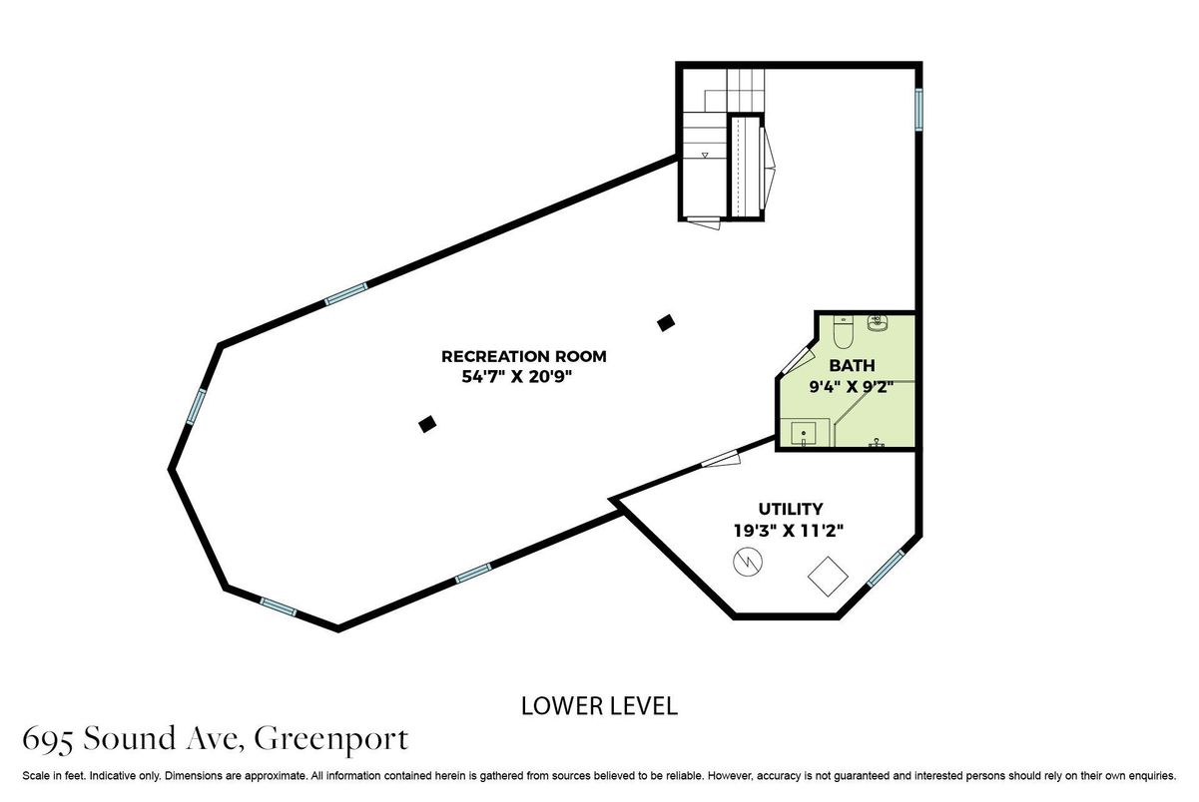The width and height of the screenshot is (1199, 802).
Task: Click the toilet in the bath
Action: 843,331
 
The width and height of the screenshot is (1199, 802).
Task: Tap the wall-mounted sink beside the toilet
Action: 878,323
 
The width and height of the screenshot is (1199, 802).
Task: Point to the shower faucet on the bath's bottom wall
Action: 876,443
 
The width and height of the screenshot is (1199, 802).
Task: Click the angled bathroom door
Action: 798,360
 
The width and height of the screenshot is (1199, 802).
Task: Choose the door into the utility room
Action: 721,459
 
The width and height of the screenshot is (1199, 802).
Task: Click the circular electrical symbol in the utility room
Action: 748,562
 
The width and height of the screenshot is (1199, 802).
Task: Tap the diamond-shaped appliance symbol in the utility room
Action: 828,577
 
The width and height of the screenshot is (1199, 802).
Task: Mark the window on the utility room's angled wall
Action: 886,568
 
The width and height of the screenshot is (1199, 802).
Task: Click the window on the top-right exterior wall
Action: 918,110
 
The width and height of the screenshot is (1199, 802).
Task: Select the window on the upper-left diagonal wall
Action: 346,294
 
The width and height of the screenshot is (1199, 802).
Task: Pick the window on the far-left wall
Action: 196,407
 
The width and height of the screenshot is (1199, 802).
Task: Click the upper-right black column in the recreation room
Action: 666,322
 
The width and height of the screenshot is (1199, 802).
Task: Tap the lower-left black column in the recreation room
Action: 427,424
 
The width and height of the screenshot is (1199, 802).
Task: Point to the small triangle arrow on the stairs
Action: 705,155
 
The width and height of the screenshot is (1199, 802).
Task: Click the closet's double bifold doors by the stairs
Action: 768,169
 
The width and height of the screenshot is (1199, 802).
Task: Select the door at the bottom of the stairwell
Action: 704,223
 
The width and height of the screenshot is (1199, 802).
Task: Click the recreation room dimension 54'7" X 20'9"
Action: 517,376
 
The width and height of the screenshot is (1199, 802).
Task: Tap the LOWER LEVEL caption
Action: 599,706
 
